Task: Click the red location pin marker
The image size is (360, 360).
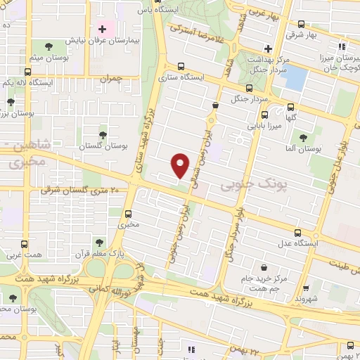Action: pyautogui.click(x=181, y=165)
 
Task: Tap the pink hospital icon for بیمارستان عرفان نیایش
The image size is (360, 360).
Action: pyautogui.click(x=103, y=29)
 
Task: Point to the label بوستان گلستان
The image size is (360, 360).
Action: pyautogui.click(x=103, y=146)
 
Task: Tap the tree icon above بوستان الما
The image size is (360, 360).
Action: pyautogui.click(x=303, y=138)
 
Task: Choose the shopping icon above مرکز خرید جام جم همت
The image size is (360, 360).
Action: pyautogui.click(x=264, y=268)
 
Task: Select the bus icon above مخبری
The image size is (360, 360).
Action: pyautogui.click(x=128, y=214)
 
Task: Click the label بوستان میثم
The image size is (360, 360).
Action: pyautogui.click(x=50, y=56)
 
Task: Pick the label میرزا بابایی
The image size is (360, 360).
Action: pyautogui.click(x=264, y=127)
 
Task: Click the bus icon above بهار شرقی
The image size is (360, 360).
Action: pyautogui.click(x=301, y=23)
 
